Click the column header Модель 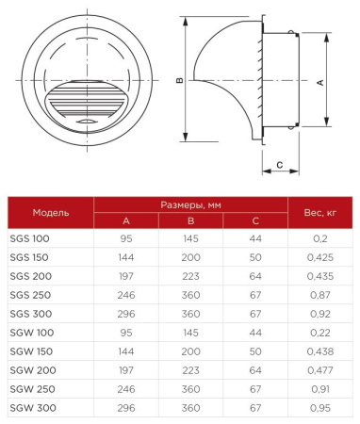click(x=51, y=212)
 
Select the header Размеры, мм click(x=191, y=204)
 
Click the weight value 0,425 click(x=320, y=257)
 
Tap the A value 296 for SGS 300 click(x=126, y=313)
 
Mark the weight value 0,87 click(x=320, y=294)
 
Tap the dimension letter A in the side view click(x=320, y=83)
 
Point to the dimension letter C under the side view click(x=280, y=167)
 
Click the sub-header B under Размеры click(x=191, y=220)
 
